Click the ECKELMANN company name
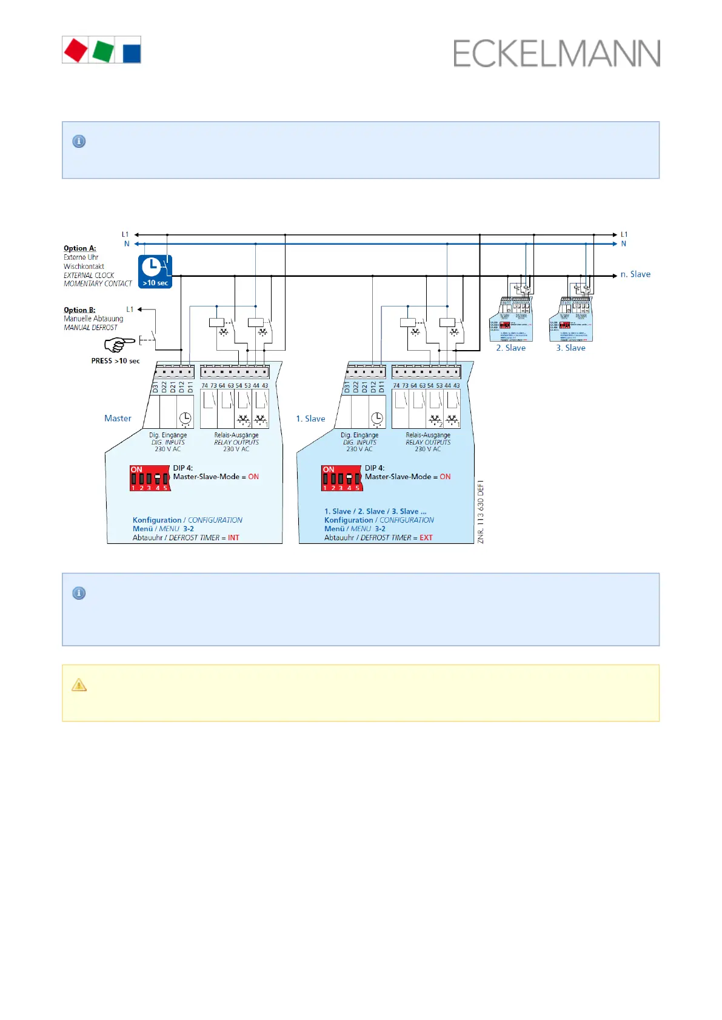coord(557,54)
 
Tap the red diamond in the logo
coord(76,50)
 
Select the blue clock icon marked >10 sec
coord(155,271)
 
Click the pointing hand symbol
coord(119,345)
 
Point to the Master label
coord(118,419)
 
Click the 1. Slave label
coord(310,419)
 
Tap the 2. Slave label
coord(510,348)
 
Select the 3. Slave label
coord(570,348)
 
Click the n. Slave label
coord(635,274)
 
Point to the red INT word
coord(233,538)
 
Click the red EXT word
coord(426,538)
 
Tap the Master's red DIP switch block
coord(149,478)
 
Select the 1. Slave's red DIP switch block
coord(341,478)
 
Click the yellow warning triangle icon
coord(79,685)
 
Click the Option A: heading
coord(80,248)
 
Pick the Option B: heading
coord(79,310)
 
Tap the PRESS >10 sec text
coord(115,361)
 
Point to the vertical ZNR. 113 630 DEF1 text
coord(481,512)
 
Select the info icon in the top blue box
coord(79,142)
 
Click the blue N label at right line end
coord(623,244)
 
